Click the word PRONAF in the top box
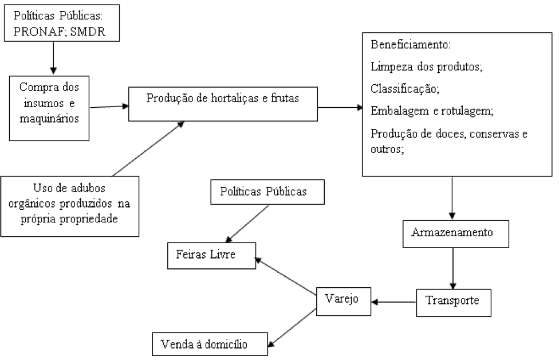(x=39, y=32)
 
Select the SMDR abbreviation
(x=88, y=32)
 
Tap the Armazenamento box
(x=455, y=234)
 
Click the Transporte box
(x=454, y=303)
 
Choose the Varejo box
(x=344, y=302)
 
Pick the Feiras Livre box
(x=211, y=256)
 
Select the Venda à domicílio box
(x=210, y=344)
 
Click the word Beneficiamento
(x=411, y=45)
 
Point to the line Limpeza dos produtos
(x=426, y=66)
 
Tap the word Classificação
(x=405, y=88)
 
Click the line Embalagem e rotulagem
(x=432, y=111)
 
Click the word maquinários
(x=49, y=119)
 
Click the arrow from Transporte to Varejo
(x=393, y=302)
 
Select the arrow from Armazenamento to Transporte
(x=453, y=268)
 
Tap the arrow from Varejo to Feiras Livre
(x=286, y=276)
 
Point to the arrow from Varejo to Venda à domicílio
(x=292, y=327)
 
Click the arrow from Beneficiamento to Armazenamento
(x=452, y=198)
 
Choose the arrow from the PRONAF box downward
(x=53, y=58)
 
